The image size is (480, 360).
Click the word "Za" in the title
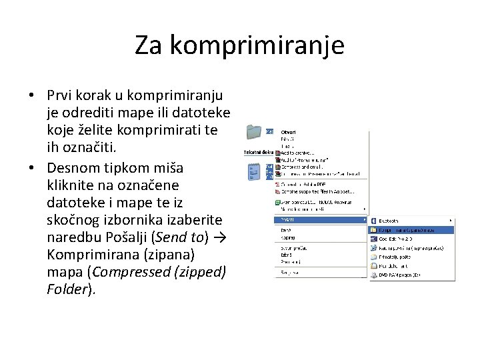[x=149, y=45]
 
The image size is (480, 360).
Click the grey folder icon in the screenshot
[x=254, y=132]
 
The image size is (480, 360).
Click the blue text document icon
[x=254, y=173]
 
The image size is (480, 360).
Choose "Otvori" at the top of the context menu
[x=289, y=131]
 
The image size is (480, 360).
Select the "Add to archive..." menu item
[x=297, y=153]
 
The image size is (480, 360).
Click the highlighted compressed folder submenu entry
[x=407, y=230]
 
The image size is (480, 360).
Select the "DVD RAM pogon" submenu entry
[x=400, y=274]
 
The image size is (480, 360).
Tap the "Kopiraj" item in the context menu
[x=287, y=237]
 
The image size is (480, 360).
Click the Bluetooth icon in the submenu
[x=374, y=220]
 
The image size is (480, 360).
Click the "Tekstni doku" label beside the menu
[x=257, y=152]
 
